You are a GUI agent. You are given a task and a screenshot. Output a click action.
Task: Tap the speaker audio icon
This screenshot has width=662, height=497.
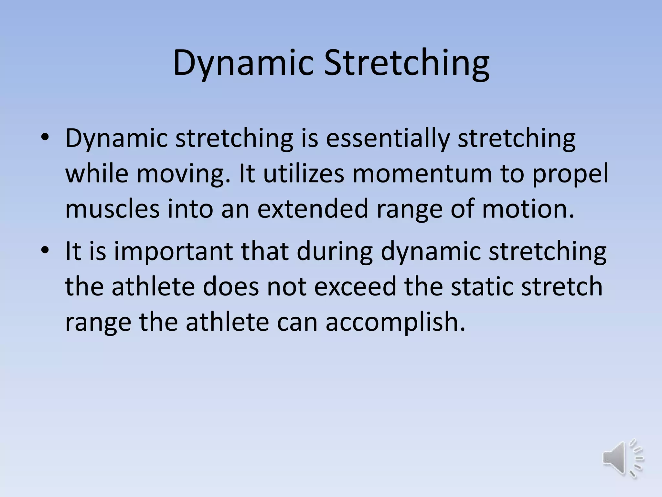pyautogui.click(x=623, y=459)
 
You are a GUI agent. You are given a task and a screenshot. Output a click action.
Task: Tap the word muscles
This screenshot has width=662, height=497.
pyautogui.click(x=112, y=209)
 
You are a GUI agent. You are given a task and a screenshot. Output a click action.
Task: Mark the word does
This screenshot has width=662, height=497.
pyautogui.click(x=231, y=287)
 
